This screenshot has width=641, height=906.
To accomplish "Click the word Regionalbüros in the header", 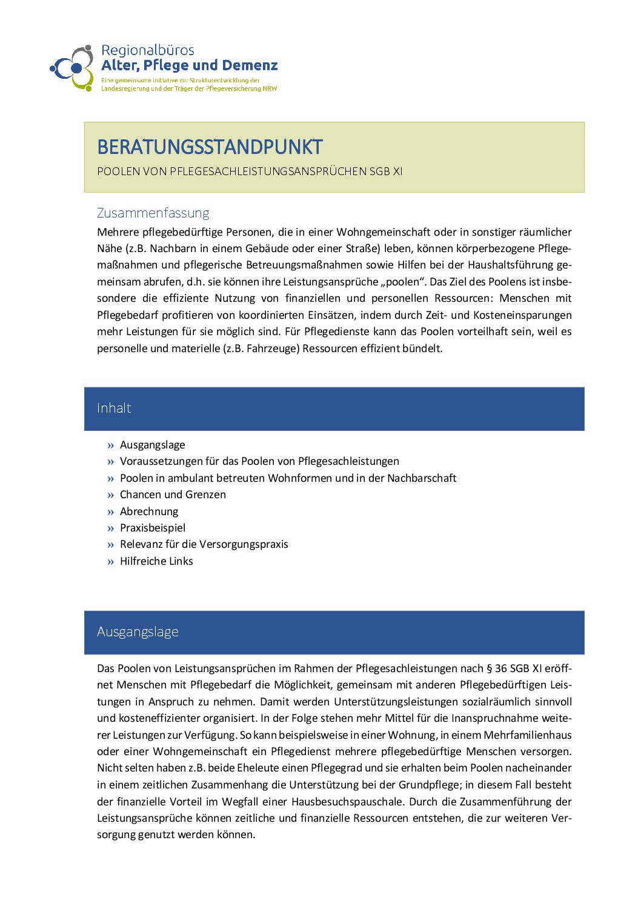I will tap(147, 50).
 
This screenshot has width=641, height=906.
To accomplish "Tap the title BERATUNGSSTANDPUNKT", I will tap(210, 147).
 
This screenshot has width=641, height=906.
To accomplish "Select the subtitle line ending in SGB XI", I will tap(250, 172).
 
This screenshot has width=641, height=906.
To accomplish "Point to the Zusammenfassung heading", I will tap(153, 213).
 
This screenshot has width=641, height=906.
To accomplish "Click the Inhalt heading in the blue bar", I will tap(114, 408).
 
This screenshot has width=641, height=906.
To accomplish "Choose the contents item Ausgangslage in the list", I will tap(152, 445).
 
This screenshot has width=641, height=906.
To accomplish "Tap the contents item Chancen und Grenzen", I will tap(173, 495).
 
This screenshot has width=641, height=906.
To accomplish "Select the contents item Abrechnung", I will tap(149, 511).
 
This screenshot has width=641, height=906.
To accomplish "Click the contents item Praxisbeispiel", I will tap(153, 528).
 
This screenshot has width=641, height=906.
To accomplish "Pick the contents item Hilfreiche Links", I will tap(156, 561).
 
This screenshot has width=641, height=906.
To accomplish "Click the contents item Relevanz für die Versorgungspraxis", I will tap(204, 544).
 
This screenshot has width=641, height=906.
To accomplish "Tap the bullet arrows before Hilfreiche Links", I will tap(110, 562).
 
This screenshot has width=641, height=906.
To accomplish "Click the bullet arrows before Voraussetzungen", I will tap(110, 462).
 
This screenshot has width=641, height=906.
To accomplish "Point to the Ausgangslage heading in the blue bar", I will tap(138, 631).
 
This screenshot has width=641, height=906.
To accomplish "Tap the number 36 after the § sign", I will tap(500, 668).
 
